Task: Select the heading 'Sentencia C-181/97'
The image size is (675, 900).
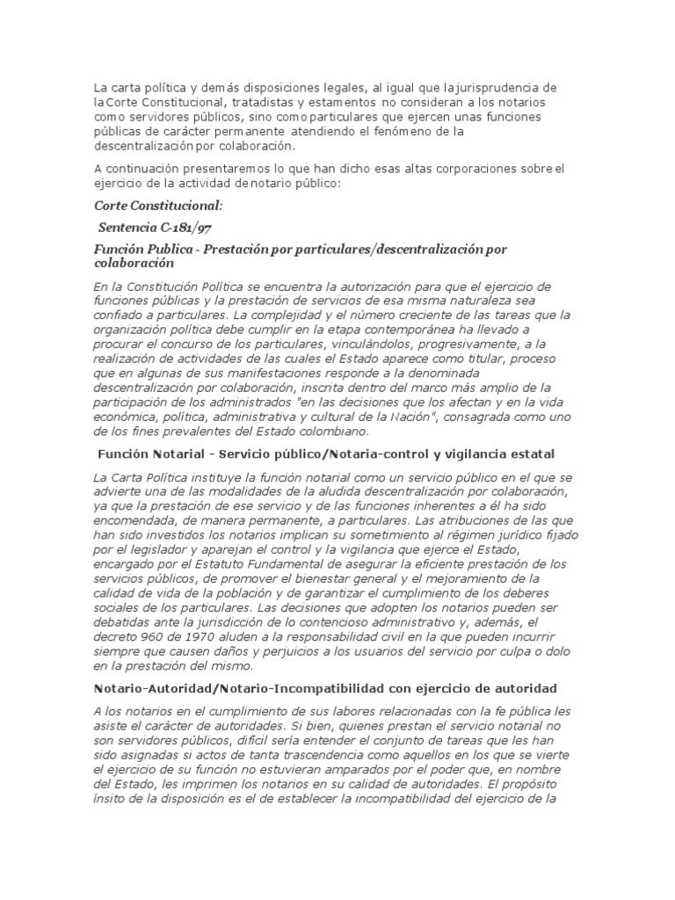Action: (156, 229)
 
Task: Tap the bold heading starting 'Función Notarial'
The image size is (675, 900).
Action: (323, 454)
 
